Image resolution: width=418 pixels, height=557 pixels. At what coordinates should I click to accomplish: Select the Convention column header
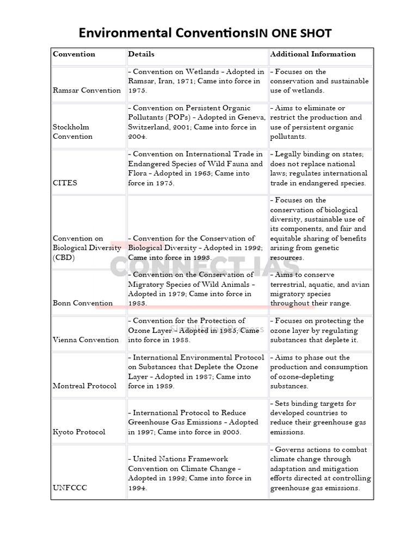(74, 54)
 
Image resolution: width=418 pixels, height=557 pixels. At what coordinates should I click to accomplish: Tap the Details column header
(142, 54)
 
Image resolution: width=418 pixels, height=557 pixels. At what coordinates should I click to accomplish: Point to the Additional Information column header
(313, 54)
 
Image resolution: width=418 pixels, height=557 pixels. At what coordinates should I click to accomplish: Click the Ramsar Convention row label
(87, 90)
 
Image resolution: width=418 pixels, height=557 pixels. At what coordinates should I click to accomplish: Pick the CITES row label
(65, 183)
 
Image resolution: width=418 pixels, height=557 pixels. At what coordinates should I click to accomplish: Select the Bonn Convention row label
(83, 303)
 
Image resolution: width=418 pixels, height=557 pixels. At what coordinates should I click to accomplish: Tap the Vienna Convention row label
(85, 340)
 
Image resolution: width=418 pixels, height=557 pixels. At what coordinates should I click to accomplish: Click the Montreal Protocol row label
(84, 386)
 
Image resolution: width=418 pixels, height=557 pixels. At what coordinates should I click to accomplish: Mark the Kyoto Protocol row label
(79, 432)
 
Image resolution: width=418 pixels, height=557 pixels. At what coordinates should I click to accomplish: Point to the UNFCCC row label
(70, 488)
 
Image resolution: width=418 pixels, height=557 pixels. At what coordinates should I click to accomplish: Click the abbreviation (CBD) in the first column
(64, 257)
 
